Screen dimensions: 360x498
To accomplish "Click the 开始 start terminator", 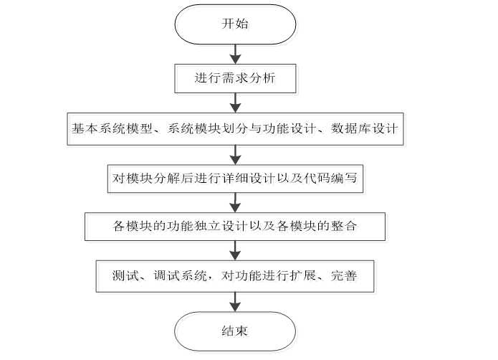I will (234, 24).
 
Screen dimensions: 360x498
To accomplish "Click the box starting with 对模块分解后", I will (235, 179).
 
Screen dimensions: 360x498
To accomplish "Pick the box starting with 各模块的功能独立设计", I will (235, 227).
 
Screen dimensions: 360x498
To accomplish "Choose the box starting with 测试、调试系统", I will (235, 276).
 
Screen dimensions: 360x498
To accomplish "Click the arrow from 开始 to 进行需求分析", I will (234, 53).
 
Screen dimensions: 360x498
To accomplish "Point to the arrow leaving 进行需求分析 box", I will (234, 102).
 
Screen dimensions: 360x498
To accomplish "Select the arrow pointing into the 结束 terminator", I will (234, 303).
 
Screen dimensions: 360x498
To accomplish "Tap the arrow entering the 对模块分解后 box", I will (234, 153).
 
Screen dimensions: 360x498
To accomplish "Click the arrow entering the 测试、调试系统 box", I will (234, 252).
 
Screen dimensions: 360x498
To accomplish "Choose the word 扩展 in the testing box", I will (298, 276).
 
